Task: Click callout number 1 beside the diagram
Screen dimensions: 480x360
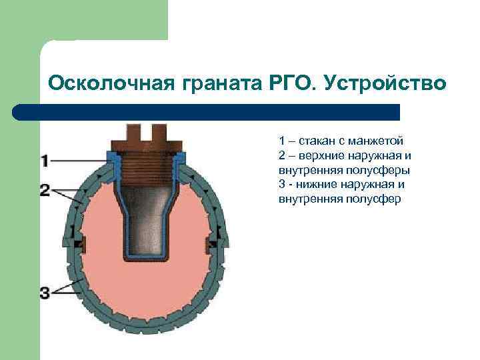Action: click(45, 160)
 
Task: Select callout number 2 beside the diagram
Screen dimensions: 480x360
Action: click(45, 191)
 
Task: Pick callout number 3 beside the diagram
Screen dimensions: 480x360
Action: click(45, 291)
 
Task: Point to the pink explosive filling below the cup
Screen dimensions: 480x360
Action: click(147, 287)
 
